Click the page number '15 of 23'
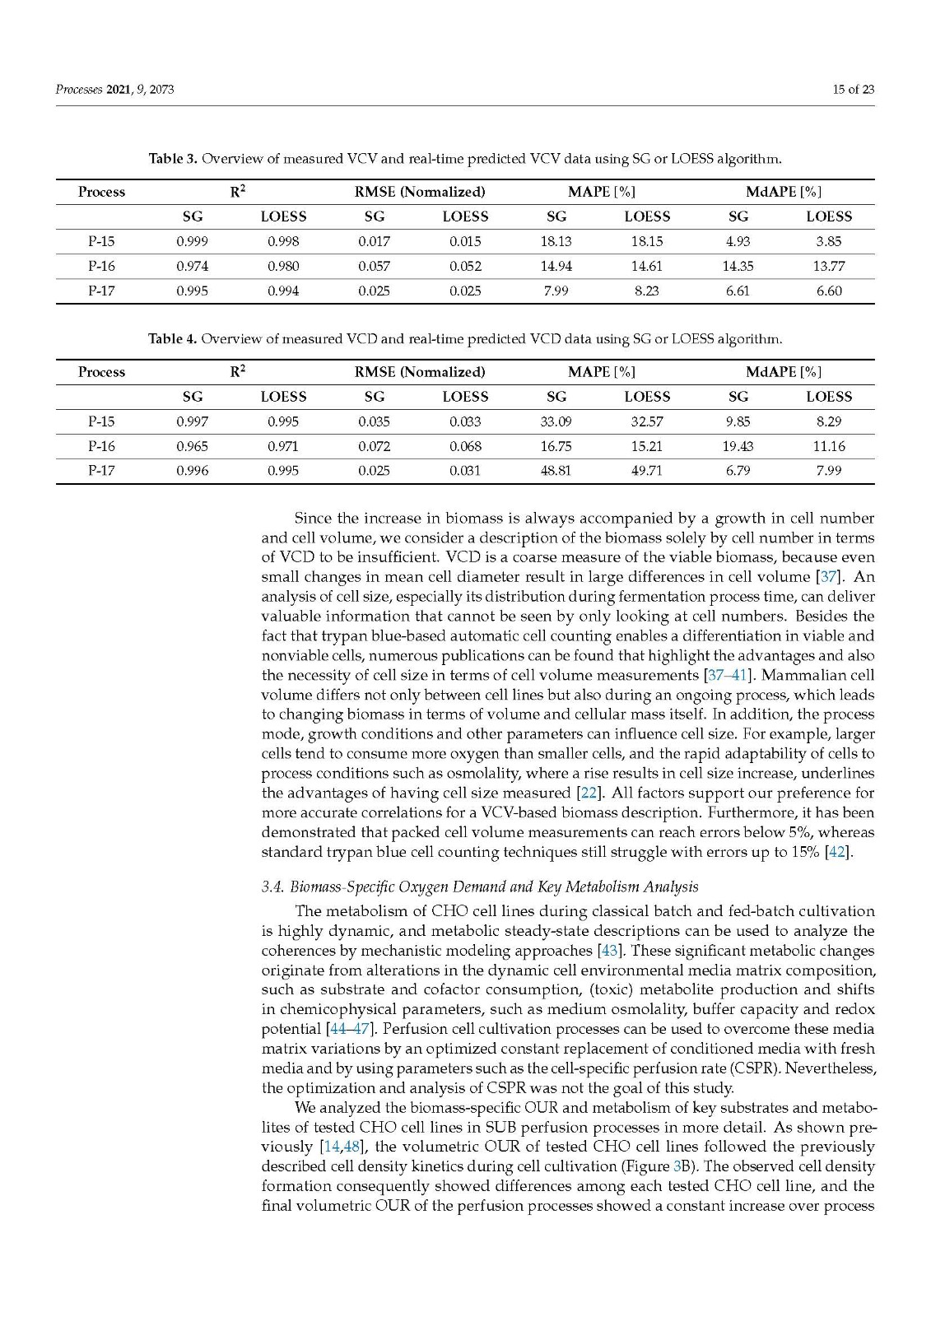coord(853,90)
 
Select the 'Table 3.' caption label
coord(172,158)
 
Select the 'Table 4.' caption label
coord(172,338)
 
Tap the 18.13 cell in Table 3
coord(556,242)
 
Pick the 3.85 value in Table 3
coord(829,242)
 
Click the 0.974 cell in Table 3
coord(192,267)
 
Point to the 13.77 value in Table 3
coord(829,267)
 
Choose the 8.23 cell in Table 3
coord(647,291)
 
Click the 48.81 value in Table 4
coord(556,472)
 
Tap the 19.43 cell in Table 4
coord(738,447)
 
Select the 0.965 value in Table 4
coord(192,447)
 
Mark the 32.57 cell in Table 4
coord(647,422)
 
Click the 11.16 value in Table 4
coord(829,447)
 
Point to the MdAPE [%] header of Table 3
coord(783,192)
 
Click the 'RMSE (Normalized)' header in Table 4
coord(420,372)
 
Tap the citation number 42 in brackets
coord(837,852)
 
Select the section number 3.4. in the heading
coord(272,887)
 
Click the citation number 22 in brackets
coord(585,793)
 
